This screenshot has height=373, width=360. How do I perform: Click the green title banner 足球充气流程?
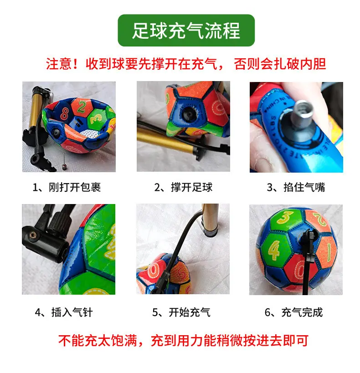pos(186,30)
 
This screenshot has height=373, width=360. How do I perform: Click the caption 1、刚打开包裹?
pos(67,187)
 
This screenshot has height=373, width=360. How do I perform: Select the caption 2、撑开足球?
pos(183,187)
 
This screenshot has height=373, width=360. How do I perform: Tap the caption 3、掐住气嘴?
pos(296,187)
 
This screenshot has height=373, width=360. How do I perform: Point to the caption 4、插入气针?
pos(64,312)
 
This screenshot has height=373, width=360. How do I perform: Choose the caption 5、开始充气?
pos(181,312)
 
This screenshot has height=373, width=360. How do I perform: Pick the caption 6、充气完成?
pos(294,312)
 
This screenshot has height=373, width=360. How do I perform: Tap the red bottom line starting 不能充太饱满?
pos(183,340)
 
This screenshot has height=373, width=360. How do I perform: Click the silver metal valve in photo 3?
pos(302,114)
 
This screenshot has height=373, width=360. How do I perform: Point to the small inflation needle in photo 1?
pos(64,163)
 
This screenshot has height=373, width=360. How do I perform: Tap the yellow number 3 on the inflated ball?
pos(285,217)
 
